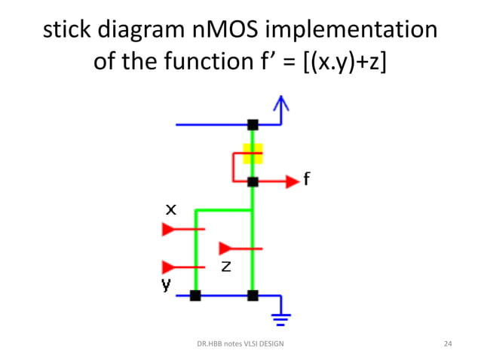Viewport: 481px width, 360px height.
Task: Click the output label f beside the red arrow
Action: pyautogui.click(x=306, y=180)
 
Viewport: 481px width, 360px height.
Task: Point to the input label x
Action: pyautogui.click(x=171, y=210)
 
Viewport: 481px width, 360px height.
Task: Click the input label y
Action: pyautogui.click(x=166, y=285)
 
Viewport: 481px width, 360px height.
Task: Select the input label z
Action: pyautogui.click(x=225, y=266)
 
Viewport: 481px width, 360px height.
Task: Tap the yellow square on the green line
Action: pyautogui.click(x=253, y=152)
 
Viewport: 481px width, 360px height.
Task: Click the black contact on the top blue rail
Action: pyautogui.click(x=253, y=124)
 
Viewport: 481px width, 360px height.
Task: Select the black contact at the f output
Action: pyautogui.click(x=253, y=182)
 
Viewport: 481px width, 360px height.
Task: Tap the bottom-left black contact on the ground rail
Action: pyautogui.click(x=195, y=295)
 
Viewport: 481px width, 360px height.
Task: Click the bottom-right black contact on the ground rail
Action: pyautogui.click(x=253, y=295)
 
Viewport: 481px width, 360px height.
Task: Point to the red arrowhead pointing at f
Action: pyautogui.click(x=292, y=182)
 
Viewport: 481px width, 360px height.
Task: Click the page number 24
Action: pyautogui.click(x=447, y=343)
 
